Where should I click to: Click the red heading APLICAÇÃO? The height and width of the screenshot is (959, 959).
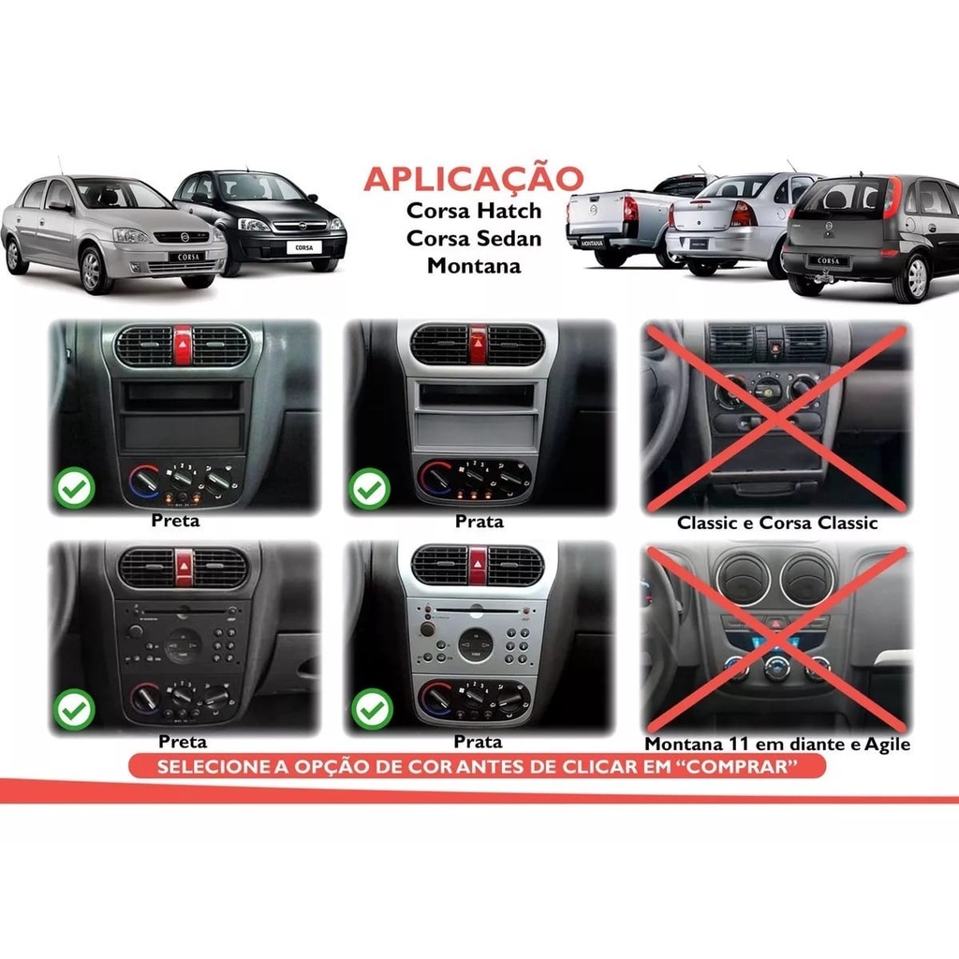pyautogui.click(x=474, y=179)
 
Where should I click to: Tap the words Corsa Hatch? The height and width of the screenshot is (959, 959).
pyautogui.click(x=474, y=211)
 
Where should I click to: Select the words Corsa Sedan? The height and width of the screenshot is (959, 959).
pyautogui.click(x=474, y=239)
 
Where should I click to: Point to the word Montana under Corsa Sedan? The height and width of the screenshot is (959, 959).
pyautogui.click(x=474, y=266)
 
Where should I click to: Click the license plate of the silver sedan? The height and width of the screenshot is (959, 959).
pyautogui.click(x=187, y=257)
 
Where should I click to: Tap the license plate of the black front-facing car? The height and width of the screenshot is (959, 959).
pyautogui.click(x=303, y=247)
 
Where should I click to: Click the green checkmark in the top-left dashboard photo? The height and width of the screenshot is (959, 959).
pyautogui.click(x=74, y=488)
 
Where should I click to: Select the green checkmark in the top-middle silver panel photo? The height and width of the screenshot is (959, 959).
pyautogui.click(x=369, y=488)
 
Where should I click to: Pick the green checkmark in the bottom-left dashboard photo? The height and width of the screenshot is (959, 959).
pyautogui.click(x=74, y=710)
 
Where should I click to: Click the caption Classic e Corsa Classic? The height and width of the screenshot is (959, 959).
pyautogui.click(x=777, y=523)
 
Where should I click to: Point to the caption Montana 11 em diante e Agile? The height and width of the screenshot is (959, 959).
pyautogui.click(x=777, y=744)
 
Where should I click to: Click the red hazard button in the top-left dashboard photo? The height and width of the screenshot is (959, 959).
pyautogui.click(x=183, y=345)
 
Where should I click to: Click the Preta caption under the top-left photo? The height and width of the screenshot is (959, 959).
pyautogui.click(x=175, y=521)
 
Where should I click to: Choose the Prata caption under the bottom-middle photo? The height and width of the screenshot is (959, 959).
pyautogui.click(x=478, y=742)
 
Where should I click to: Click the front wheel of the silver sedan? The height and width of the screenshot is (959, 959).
pyautogui.click(x=92, y=270)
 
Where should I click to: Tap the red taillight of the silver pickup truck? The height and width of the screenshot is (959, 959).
pyautogui.click(x=630, y=209)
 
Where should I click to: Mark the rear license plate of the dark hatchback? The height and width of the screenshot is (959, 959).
pyautogui.click(x=828, y=261)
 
